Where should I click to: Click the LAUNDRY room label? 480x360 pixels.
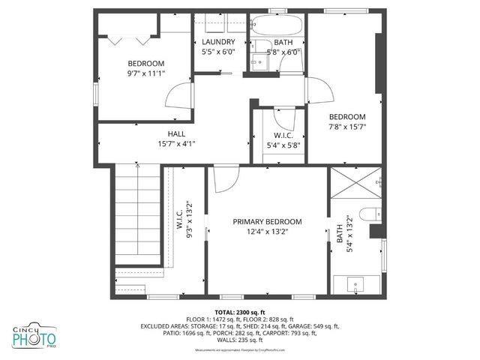[x=218, y=42]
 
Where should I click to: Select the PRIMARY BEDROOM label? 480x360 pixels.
[x=266, y=222]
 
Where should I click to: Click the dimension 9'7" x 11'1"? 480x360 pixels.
[x=145, y=73]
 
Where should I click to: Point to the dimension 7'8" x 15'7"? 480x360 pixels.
[x=347, y=127]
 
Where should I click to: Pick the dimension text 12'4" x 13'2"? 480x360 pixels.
[x=266, y=232]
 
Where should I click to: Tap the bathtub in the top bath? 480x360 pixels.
[x=277, y=25]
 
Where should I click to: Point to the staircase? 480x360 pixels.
[x=138, y=217]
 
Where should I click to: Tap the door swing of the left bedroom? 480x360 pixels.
[x=177, y=95]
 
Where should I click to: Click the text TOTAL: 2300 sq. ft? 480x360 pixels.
[x=240, y=312]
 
